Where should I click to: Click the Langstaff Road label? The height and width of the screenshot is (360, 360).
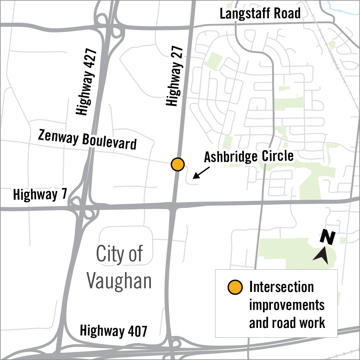260,14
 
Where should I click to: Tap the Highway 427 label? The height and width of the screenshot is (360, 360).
87,82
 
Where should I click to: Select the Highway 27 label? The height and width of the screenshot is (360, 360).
175,76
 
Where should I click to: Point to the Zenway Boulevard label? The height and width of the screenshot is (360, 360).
87,140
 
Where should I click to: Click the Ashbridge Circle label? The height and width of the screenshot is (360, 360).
249,156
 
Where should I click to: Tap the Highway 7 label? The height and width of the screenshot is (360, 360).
40,194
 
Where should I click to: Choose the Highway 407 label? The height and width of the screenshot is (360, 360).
113,331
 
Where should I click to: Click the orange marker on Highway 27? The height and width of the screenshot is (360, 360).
178,164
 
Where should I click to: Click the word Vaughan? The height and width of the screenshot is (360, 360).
119,281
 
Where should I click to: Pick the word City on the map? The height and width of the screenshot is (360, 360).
106,254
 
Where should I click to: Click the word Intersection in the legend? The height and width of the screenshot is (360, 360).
281,287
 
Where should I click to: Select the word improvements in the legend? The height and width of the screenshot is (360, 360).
287,305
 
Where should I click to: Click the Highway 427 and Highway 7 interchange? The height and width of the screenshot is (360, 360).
83,207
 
